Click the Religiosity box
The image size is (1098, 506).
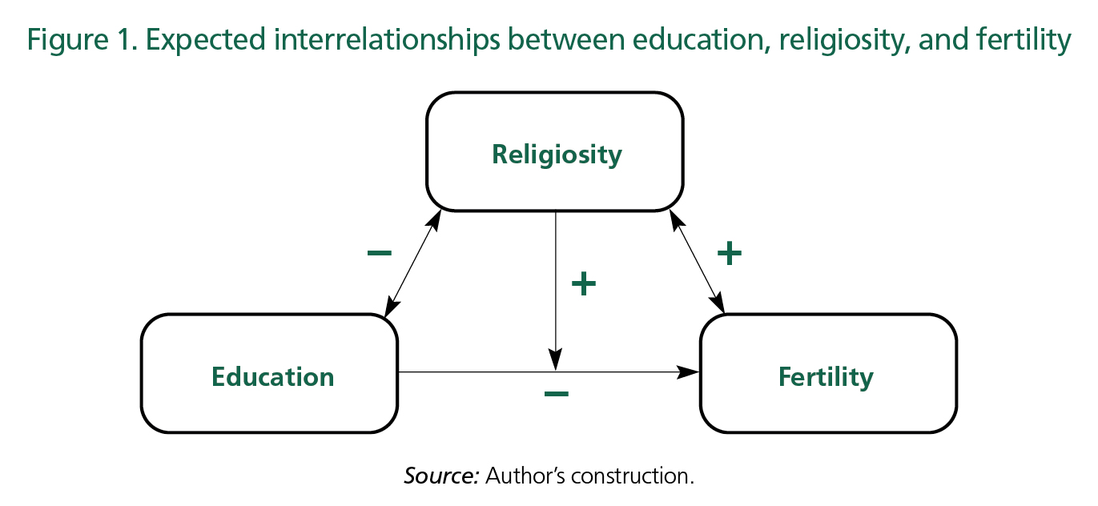pyautogui.click(x=555, y=152)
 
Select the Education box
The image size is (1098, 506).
pyautogui.click(x=270, y=374)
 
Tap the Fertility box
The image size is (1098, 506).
pyautogui.click(x=827, y=374)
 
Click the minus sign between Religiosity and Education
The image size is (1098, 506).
pyautogui.click(x=379, y=254)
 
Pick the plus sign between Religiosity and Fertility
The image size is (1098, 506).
pyautogui.click(x=729, y=254)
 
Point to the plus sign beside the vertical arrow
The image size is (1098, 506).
pyautogui.click(x=583, y=283)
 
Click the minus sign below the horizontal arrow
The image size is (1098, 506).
pyautogui.click(x=556, y=393)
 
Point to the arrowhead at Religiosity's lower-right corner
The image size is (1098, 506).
pyautogui.click(x=674, y=217)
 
